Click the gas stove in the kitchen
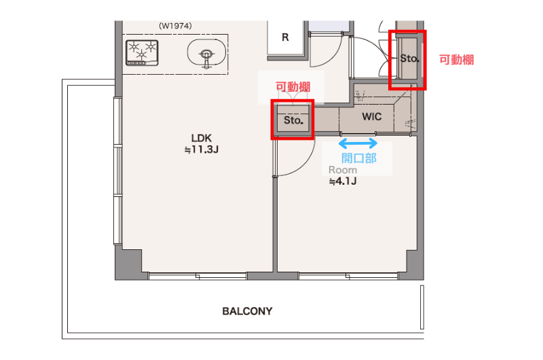[142, 53]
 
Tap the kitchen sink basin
[206, 53]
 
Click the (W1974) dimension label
[175, 26]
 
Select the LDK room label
[201, 138]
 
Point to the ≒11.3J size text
[201, 149]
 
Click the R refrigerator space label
[285, 37]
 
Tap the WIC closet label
[372, 117]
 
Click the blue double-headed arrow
[358, 143]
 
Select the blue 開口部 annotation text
[359, 158]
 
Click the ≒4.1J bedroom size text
[343, 181]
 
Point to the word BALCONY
[247, 311]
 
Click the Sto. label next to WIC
[293, 120]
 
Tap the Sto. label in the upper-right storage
[409, 58]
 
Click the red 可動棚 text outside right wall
[456, 60]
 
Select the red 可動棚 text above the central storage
[293, 87]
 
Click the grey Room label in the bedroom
[343, 170]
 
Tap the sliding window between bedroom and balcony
[348, 276]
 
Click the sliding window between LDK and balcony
[198, 276]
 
